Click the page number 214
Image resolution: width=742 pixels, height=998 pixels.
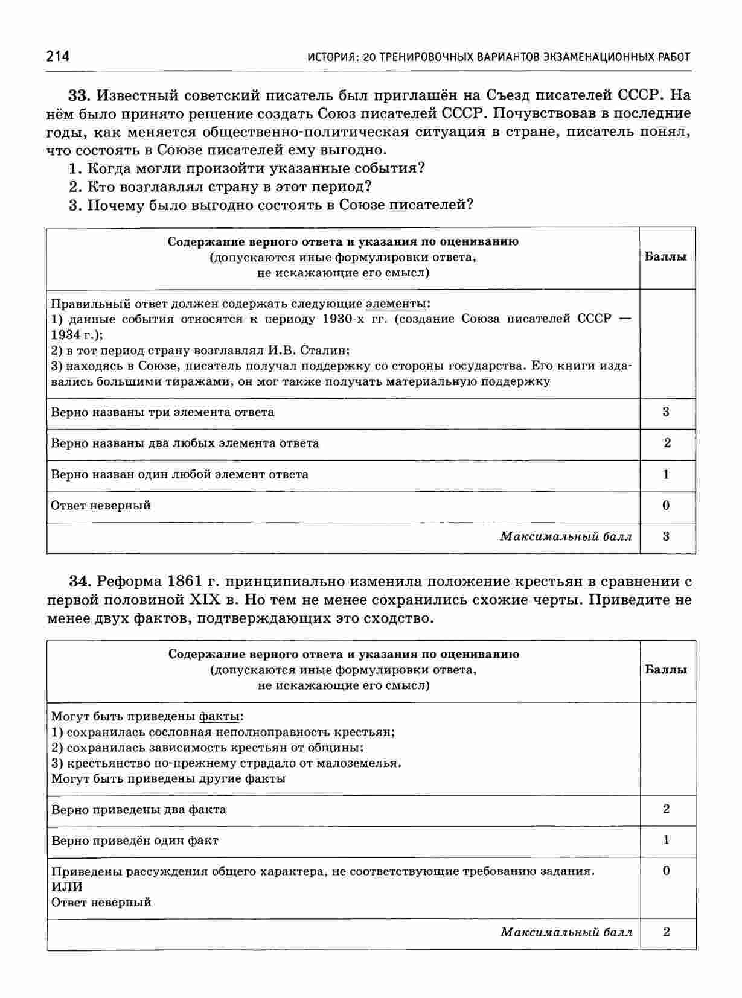pyautogui.click(x=57, y=57)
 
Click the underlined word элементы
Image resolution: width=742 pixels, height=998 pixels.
pyautogui.click(x=396, y=304)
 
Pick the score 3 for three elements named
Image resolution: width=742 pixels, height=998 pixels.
pyautogui.click(x=666, y=412)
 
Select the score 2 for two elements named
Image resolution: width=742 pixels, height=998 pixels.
pyautogui.click(x=667, y=443)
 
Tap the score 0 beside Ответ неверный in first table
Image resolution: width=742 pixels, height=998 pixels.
pyautogui.click(x=666, y=505)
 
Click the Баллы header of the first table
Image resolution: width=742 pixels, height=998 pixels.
pyautogui.click(x=666, y=257)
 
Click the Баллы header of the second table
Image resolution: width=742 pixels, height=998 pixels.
pyautogui.click(x=666, y=670)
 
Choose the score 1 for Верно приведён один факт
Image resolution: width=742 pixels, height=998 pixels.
pyautogui.click(x=666, y=840)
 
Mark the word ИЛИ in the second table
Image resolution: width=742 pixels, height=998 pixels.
pyautogui.click(x=66, y=887)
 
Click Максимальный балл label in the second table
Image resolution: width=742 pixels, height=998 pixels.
pyautogui.click(x=566, y=932)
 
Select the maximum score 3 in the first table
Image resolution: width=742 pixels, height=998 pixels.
pyautogui.click(x=666, y=536)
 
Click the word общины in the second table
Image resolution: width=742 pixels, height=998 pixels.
pyautogui.click(x=341, y=748)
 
